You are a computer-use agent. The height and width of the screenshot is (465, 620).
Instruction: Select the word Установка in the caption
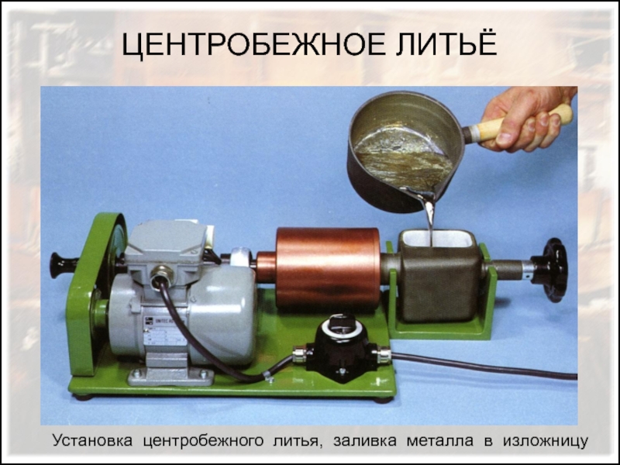point(92,440)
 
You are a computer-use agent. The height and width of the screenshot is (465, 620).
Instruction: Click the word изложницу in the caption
point(546,441)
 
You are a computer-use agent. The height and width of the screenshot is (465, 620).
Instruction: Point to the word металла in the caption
point(439,440)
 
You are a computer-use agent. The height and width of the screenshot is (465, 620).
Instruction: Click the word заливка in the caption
point(364,440)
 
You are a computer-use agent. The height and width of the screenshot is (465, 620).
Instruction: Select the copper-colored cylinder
point(327,268)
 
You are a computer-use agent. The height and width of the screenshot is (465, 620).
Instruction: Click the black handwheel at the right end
point(552,270)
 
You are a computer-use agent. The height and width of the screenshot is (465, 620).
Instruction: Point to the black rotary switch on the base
point(342,348)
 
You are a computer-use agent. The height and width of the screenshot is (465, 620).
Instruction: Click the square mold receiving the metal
point(439,276)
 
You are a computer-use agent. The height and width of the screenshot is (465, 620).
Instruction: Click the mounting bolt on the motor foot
point(136,374)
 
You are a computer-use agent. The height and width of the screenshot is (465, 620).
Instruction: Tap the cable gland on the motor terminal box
point(161,274)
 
